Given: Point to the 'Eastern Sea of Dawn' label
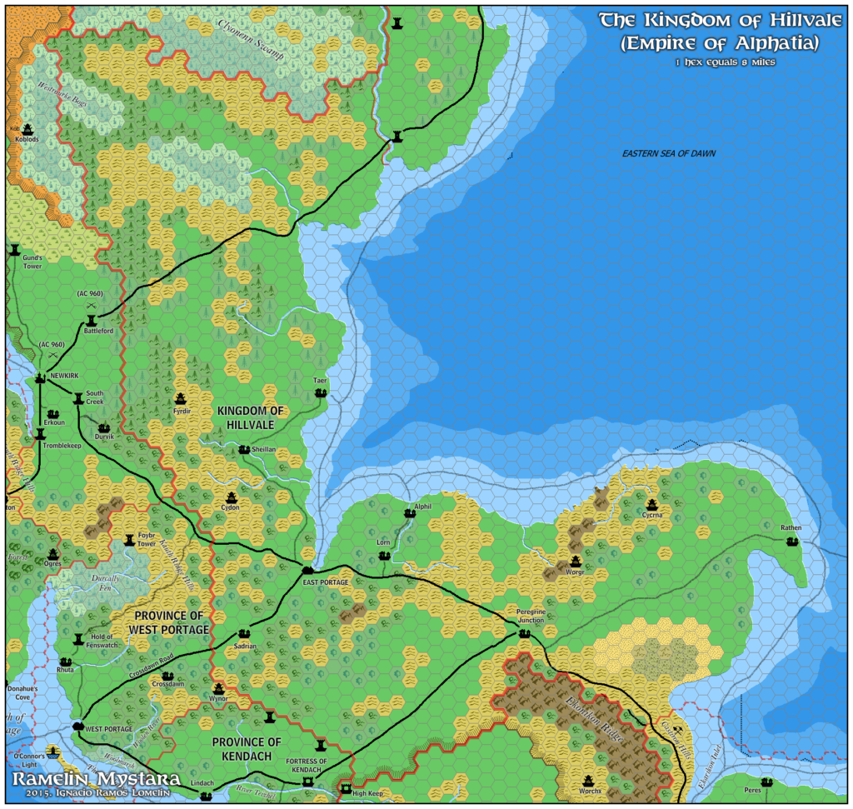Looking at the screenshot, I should tap(669, 153).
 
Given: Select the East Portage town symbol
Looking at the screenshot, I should tap(307, 569).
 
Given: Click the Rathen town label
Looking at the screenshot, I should tap(791, 528).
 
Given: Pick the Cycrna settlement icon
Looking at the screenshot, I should tap(651, 504).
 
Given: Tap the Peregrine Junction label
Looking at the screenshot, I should tap(525, 615).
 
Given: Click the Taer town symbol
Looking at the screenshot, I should tap(321, 392).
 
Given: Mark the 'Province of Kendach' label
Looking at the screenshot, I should tap(247, 748).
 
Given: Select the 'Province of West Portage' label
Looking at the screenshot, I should tap(168, 622).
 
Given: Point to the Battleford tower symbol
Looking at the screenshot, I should tap(92, 320).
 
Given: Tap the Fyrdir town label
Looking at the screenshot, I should tap(182, 411).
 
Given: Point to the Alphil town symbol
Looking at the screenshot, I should tap(409, 514).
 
